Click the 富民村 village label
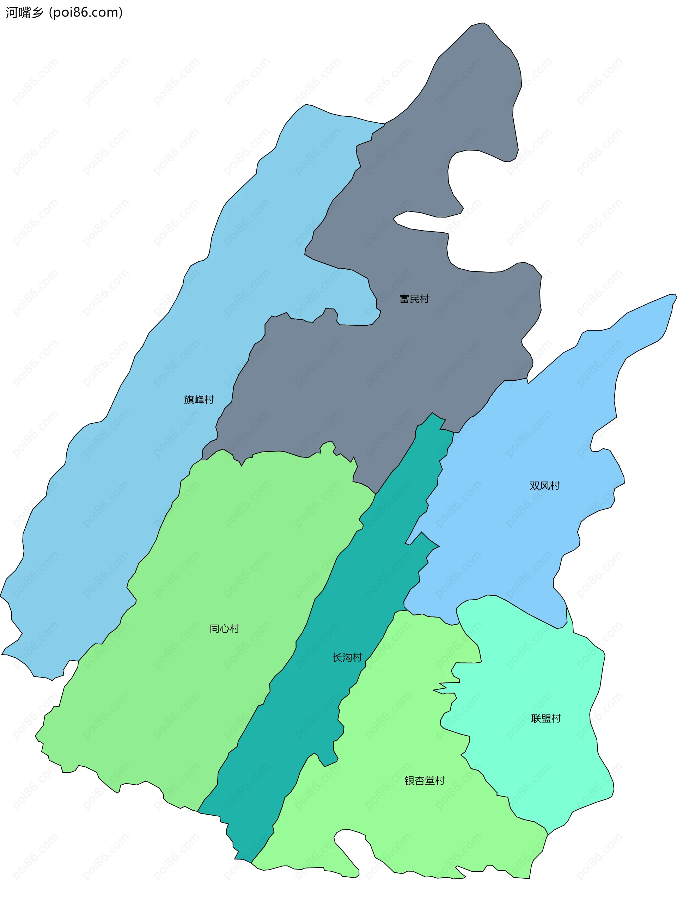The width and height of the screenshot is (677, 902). [x=414, y=299]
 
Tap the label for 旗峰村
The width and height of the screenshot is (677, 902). [x=199, y=400]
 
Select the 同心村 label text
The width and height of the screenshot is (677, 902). [x=224, y=628]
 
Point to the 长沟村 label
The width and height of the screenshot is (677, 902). [x=347, y=657]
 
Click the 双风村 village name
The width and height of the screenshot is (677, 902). [x=544, y=486]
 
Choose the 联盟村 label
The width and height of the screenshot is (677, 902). [x=546, y=718]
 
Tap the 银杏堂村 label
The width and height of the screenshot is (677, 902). [x=425, y=780]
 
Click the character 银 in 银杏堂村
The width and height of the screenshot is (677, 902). [x=409, y=780]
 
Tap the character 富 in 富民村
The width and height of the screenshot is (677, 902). [x=404, y=299]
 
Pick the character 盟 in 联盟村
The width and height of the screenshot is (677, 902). [x=546, y=718]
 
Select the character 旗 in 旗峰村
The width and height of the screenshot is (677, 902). [x=189, y=400]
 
